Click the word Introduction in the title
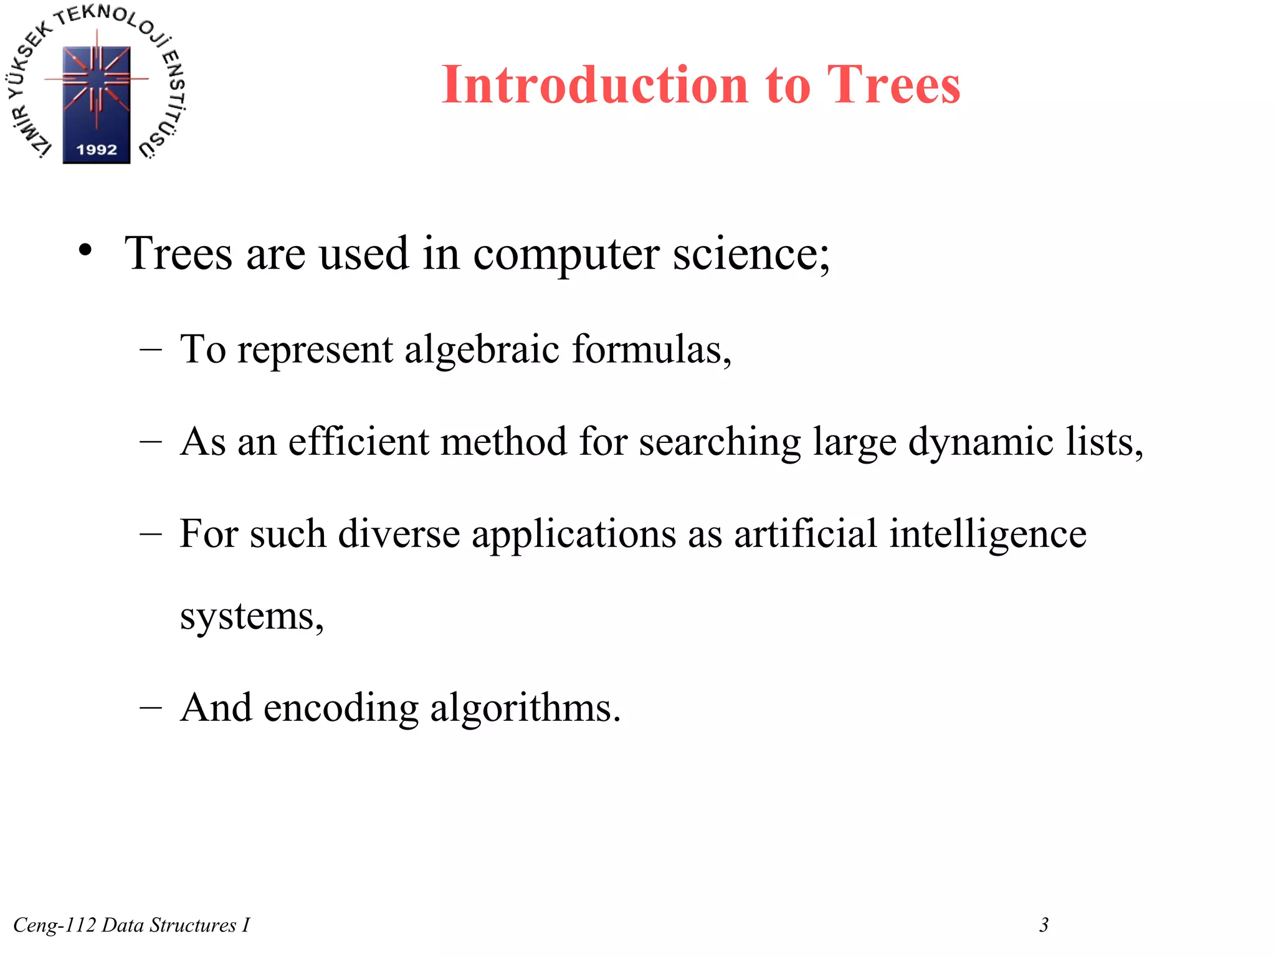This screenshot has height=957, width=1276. tap(595, 85)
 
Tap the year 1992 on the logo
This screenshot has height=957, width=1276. tap(97, 150)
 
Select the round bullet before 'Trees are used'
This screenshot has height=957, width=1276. tap(85, 251)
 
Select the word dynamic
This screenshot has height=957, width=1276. tap(981, 443)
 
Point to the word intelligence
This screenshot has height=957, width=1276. tap(988, 535)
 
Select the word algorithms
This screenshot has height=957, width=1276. tap(525, 709)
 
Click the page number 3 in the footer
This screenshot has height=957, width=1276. tap(1044, 925)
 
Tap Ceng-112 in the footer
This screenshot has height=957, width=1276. tap(55, 925)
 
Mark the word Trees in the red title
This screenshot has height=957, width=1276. tap(893, 85)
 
